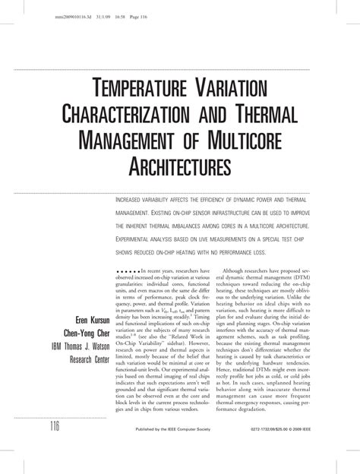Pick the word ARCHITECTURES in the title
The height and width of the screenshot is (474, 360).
tap(179, 164)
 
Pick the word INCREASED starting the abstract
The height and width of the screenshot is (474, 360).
tap(134, 197)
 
